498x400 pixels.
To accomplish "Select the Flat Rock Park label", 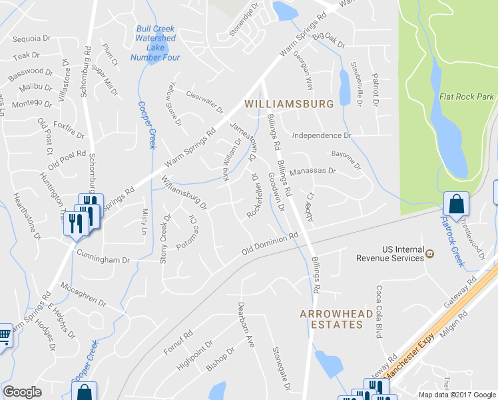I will pos(467,97).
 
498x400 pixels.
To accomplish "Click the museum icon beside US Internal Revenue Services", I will pos(430,253).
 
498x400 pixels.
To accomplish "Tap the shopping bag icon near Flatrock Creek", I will pos(456,204).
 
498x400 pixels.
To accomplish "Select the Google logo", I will pos(22,392).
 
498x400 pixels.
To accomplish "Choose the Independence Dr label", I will pos(322,135).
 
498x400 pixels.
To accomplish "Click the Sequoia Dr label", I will pos(31,39).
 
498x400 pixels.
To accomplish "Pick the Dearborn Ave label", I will pos(246,325).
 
